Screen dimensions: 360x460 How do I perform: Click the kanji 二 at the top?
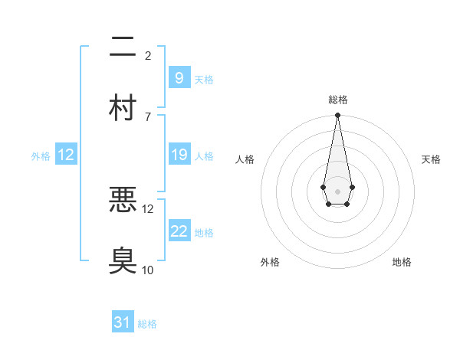click(x=123, y=47)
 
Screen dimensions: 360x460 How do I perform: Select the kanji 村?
click(x=123, y=108)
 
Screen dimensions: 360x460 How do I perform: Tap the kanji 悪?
click(x=123, y=200)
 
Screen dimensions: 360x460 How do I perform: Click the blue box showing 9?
click(x=178, y=77)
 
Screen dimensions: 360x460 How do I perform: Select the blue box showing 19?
click(x=178, y=155)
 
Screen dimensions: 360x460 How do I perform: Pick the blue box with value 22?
click(x=178, y=231)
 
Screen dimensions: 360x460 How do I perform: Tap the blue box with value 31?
click(x=123, y=322)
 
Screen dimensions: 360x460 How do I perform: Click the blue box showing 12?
click(x=65, y=155)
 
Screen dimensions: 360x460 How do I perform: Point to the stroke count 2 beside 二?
click(x=148, y=56)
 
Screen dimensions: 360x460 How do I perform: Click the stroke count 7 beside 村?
click(x=148, y=116)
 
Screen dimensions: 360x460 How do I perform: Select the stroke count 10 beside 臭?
click(x=148, y=270)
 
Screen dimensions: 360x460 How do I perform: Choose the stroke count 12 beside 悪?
click(x=148, y=208)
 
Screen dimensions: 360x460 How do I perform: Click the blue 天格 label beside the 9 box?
click(x=203, y=79)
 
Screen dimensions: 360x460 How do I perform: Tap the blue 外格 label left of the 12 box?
click(x=41, y=156)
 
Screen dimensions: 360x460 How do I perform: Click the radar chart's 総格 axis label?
click(x=337, y=100)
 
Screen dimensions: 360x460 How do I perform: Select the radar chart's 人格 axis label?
click(x=245, y=159)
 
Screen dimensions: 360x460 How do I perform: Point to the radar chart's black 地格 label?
click(x=402, y=262)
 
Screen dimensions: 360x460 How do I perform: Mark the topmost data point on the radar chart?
click(x=337, y=116)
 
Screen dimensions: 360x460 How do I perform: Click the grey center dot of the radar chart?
click(x=337, y=190)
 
